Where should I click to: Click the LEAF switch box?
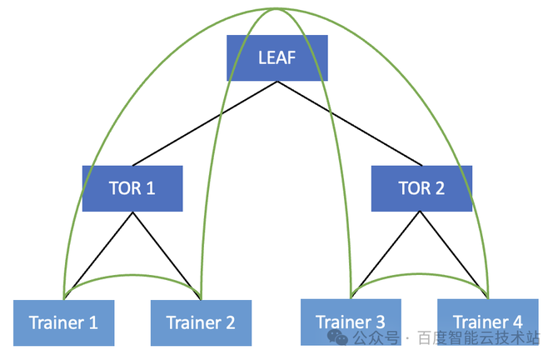(277, 57)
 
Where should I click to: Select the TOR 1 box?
(132, 188)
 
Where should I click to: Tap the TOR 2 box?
(421, 188)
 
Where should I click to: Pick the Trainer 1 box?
(63, 322)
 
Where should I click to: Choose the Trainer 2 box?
(201, 322)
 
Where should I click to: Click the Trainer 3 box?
(351, 322)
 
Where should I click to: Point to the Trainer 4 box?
(488, 322)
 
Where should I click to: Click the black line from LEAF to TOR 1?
(205, 123)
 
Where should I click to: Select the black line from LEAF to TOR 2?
(350, 123)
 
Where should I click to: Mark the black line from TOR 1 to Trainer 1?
(102, 250)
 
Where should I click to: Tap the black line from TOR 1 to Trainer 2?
(162, 250)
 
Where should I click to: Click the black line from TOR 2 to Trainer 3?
(389, 249)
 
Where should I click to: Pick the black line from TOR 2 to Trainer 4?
(451, 249)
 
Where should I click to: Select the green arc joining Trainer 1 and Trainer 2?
(132, 275)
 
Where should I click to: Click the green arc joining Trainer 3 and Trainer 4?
(420, 274)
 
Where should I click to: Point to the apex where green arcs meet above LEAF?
(277, 8)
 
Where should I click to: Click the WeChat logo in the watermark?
(337, 337)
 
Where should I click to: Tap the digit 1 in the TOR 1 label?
(151, 188)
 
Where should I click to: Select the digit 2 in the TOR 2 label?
(440, 188)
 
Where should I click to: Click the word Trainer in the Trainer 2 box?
(194, 322)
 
